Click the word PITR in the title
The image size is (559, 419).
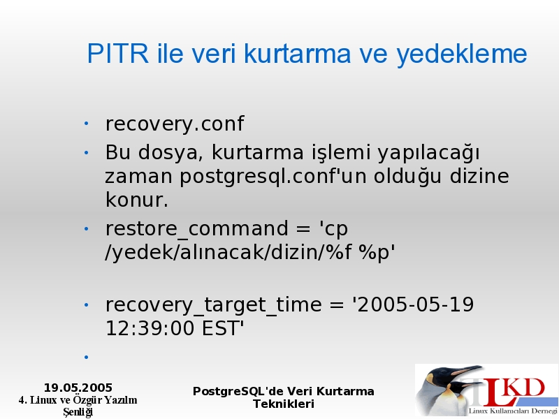tap(117, 54)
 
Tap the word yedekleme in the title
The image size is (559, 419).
tap(462, 55)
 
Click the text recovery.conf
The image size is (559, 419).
tap(175, 124)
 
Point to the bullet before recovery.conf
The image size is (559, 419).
tap(86, 124)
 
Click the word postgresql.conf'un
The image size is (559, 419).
tap(273, 177)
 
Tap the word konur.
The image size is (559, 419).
tap(136, 200)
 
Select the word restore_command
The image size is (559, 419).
tap(196, 229)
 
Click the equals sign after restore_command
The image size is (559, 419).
tap(303, 229)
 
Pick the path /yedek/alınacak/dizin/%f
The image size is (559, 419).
tap(228, 253)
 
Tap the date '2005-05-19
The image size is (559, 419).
tap(413, 304)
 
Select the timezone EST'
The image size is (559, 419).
tap(223, 328)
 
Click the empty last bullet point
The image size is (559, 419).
tap(86, 357)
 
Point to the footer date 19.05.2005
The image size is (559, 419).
tap(78, 388)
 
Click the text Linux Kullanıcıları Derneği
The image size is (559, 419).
tap(513, 411)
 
